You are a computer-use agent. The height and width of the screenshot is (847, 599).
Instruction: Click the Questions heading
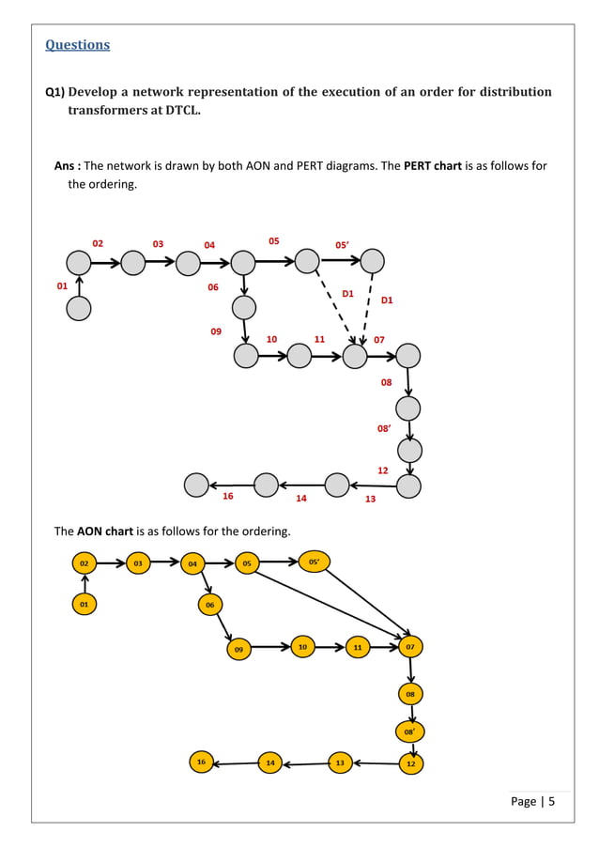click(77, 45)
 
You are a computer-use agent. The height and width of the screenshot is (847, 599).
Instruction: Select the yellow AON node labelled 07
click(410, 647)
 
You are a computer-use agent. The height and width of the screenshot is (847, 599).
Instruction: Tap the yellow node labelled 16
click(202, 762)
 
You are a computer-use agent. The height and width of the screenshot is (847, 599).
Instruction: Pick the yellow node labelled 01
click(84, 604)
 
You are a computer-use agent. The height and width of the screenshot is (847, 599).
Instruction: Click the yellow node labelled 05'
click(314, 562)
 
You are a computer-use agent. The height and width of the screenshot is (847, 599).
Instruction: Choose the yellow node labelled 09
click(238, 649)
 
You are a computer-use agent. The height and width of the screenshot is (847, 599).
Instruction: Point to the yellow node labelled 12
click(411, 763)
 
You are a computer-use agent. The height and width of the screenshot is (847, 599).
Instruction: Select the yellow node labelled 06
click(210, 605)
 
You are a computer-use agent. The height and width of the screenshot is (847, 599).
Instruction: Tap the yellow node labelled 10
click(302, 647)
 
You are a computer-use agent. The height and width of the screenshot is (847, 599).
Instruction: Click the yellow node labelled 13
click(340, 762)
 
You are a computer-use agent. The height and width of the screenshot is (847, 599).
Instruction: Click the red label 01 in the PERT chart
click(62, 285)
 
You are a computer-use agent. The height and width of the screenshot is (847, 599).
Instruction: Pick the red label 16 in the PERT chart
click(228, 496)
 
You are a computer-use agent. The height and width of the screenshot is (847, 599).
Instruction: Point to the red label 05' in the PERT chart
click(343, 245)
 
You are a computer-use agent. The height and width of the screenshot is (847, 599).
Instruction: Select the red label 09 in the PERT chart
click(216, 331)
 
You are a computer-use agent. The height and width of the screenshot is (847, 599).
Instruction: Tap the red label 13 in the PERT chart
click(370, 499)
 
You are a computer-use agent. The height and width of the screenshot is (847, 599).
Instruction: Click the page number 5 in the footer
click(551, 801)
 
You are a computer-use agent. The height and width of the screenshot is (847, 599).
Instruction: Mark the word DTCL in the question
click(182, 110)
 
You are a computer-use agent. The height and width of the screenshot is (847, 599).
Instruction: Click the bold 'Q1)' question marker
click(54, 92)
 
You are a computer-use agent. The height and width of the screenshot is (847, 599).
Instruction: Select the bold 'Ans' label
click(64, 166)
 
